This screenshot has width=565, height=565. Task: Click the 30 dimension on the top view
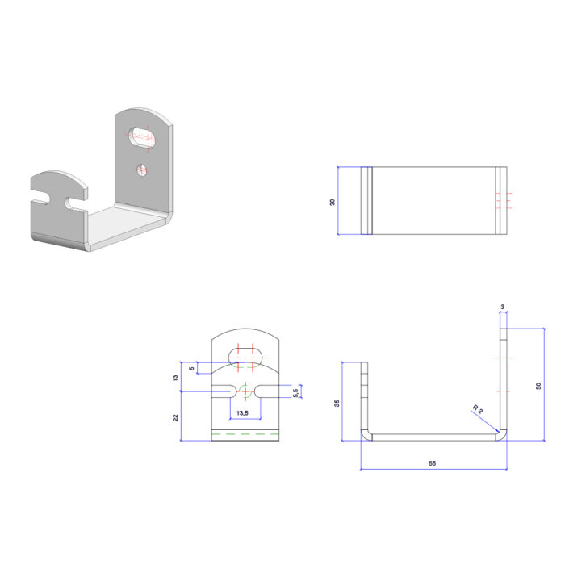click(x=333, y=202)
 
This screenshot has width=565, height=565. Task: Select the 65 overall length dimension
click(x=433, y=464)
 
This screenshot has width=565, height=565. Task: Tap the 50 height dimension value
click(x=538, y=385)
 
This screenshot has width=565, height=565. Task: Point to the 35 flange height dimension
click(x=337, y=403)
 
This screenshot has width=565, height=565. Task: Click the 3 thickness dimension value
click(x=502, y=307)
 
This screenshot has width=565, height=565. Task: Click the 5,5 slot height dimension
click(x=295, y=391)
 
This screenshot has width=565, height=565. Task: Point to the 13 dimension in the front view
click(x=175, y=377)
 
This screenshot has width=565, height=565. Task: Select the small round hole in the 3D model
click(x=142, y=169)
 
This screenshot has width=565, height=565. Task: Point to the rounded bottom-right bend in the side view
click(x=502, y=435)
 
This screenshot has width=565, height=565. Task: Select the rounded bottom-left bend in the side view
click(x=366, y=435)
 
